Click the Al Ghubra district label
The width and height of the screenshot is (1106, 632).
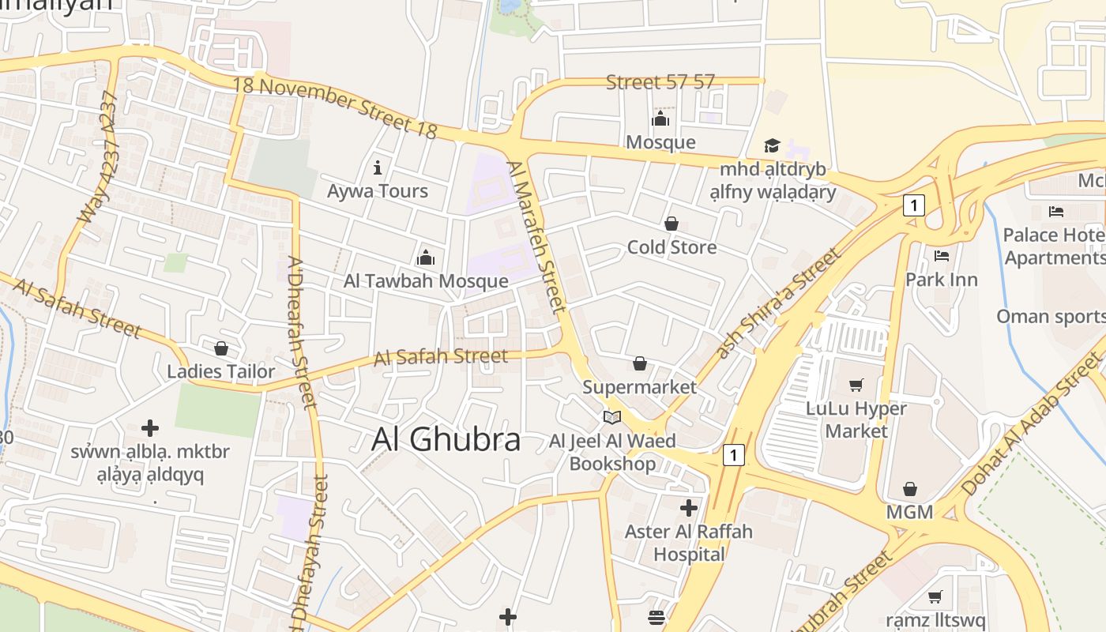[446, 440]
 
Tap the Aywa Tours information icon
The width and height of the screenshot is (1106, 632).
[378, 167]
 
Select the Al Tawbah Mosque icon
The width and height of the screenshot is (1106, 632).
[426, 258]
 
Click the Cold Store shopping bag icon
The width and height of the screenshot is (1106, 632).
[671, 224]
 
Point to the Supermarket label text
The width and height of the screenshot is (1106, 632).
[640, 387]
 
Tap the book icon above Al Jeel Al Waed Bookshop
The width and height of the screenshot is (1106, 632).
[612, 417]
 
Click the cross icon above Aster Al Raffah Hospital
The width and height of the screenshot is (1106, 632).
[689, 507]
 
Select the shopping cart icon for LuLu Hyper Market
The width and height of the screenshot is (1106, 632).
[856, 385]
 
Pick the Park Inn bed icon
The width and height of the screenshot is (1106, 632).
[941, 256]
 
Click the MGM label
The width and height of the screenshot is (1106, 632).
[909, 512]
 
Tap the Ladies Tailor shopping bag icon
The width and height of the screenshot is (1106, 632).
[221, 348]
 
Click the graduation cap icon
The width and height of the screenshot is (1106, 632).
[772, 146]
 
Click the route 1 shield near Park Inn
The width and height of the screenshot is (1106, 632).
[913, 205]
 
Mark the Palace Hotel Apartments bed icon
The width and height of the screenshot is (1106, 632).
[1056, 212]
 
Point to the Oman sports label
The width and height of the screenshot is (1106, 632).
[1050, 317]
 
